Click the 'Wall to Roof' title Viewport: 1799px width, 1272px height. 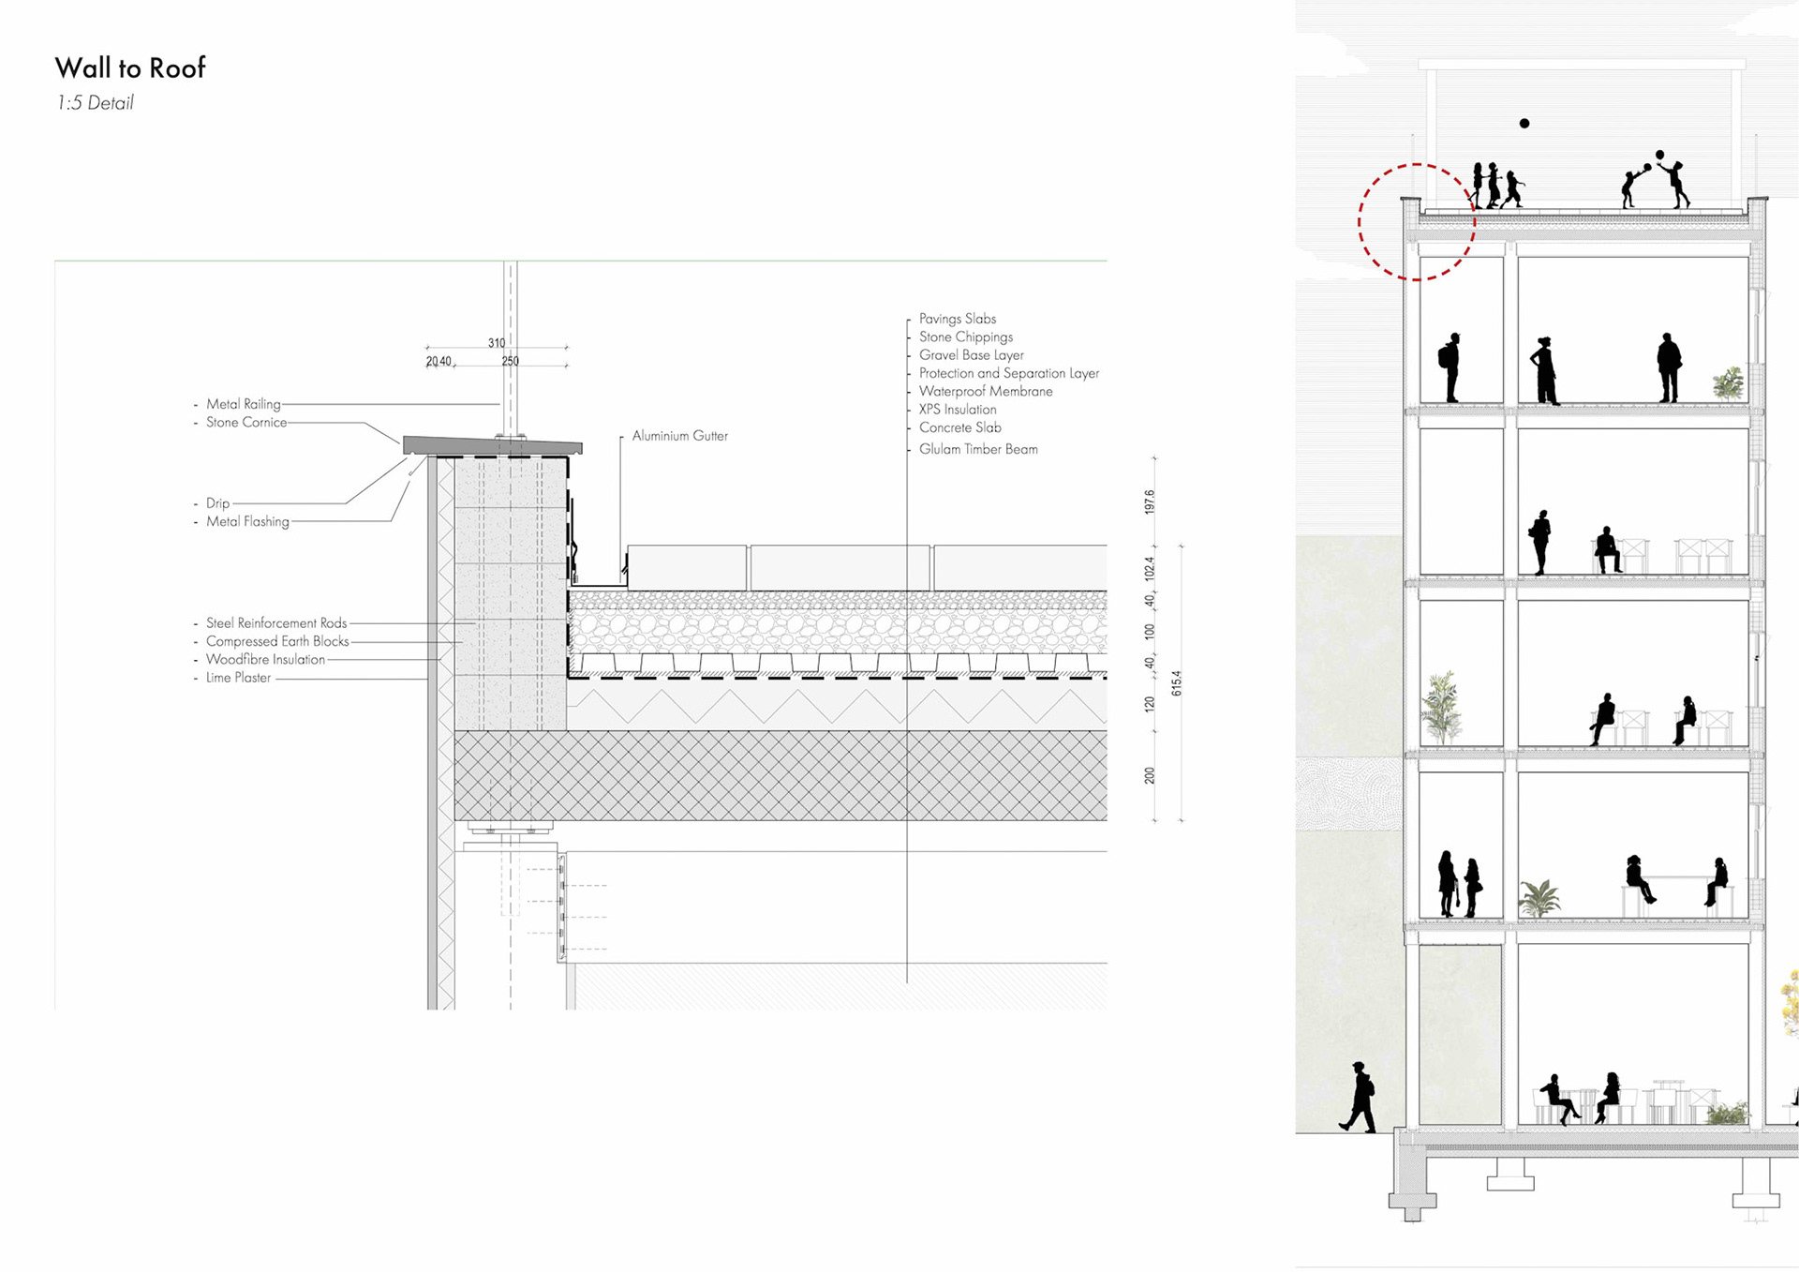click(x=130, y=68)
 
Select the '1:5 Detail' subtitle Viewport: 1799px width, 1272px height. click(x=95, y=103)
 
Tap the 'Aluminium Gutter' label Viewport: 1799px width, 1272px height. click(x=679, y=436)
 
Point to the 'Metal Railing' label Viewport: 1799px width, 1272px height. click(x=243, y=404)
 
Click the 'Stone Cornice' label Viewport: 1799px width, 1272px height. click(x=246, y=423)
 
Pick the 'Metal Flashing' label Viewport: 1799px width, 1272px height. click(x=247, y=521)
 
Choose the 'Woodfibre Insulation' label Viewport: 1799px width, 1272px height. click(x=265, y=660)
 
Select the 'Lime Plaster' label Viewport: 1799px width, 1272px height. click(x=238, y=678)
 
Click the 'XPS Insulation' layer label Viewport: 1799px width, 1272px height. click(x=957, y=410)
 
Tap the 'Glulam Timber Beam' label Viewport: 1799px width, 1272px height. click(x=977, y=449)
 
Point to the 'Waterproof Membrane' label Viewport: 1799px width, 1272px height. click(x=985, y=392)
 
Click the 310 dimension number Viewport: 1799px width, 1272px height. click(x=497, y=343)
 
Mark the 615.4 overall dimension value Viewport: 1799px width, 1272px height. click(x=1177, y=682)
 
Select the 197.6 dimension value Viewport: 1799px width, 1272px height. click(x=1150, y=501)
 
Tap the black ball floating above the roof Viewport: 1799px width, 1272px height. click(x=1524, y=124)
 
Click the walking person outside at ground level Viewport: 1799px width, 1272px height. click(x=1359, y=1097)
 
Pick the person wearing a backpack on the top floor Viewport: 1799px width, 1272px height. click(x=1451, y=367)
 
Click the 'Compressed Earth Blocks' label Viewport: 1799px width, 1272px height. click(x=277, y=642)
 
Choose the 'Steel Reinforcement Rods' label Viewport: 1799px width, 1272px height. click(x=276, y=623)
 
